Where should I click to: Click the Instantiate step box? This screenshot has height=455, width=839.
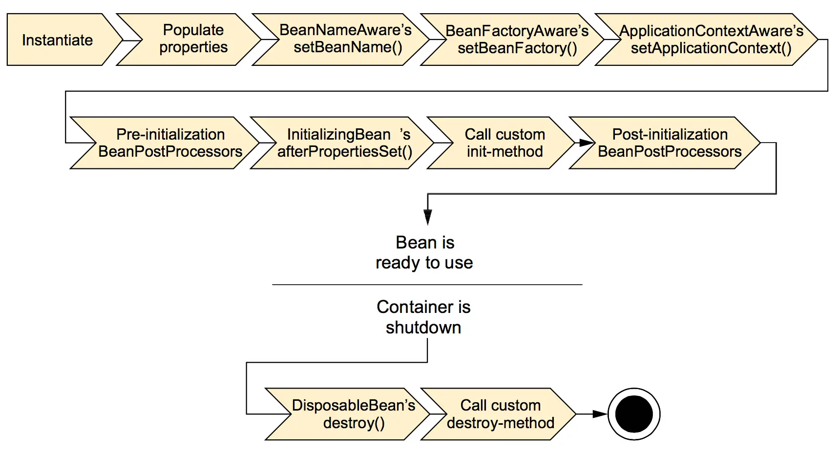click(x=58, y=40)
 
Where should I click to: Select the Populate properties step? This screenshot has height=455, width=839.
click(x=193, y=39)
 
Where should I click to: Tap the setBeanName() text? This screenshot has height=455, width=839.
click(x=348, y=48)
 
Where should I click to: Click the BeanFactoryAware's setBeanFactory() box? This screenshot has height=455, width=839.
click(x=517, y=40)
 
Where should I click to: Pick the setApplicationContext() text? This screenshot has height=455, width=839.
click(x=711, y=48)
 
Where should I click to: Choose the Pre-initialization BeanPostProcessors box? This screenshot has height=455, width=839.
click(x=170, y=143)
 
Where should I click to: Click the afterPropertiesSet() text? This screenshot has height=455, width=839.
click(x=345, y=152)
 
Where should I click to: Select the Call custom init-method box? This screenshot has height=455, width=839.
click(x=504, y=143)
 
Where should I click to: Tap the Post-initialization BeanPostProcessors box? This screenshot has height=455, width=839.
click(x=670, y=143)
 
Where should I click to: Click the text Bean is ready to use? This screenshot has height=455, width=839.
click(x=424, y=252)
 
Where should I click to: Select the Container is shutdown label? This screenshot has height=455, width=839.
click(x=423, y=317)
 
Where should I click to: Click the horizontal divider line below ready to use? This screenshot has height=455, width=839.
click(x=427, y=285)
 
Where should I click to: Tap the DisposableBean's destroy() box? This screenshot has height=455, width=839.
click(x=354, y=414)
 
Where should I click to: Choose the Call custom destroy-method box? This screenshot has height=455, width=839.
click(x=500, y=414)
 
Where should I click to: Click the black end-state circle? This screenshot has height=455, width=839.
click(x=634, y=414)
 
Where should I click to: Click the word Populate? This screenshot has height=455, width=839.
click(x=193, y=30)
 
